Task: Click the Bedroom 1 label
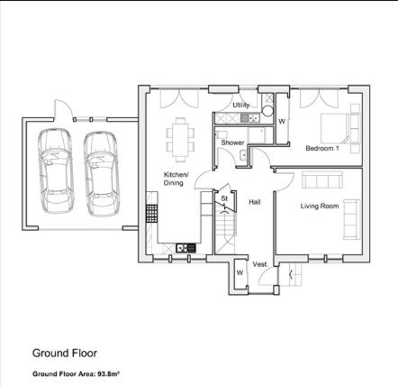322,148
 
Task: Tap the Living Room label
320,206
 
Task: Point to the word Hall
255,202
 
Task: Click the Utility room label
241,105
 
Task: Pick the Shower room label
232,142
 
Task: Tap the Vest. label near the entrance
260,264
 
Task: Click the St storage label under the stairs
224,198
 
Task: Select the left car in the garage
56,170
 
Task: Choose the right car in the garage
102,173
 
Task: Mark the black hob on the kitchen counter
152,214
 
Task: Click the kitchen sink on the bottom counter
185,248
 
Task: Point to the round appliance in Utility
267,111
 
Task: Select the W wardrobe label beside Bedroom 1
282,122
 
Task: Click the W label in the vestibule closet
240,272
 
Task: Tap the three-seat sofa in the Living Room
322,179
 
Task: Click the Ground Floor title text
65,354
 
